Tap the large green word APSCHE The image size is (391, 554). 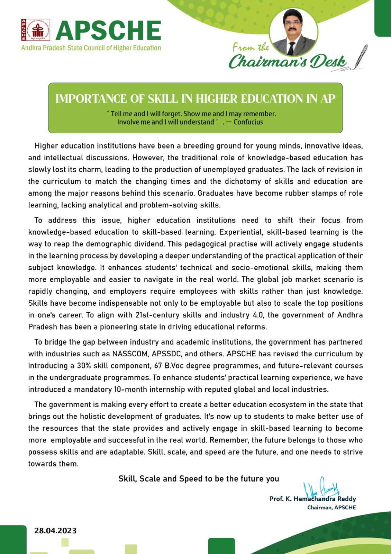pyautogui.click(x=108, y=30)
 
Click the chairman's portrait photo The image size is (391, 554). pyautogui.click(x=293, y=32)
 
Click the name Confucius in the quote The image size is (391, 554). pyautogui.click(x=248, y=122)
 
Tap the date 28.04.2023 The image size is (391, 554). pyautogui.click(x=55, y=530)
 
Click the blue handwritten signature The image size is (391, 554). pyautogui.click(x=321, y=488)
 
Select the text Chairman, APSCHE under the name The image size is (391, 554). pyautogui.click(x=331, y=508)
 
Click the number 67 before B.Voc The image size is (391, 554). pyautogui.click(x=158, y=366)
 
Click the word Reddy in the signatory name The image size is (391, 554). pyautogui.click(x=347, y=499)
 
